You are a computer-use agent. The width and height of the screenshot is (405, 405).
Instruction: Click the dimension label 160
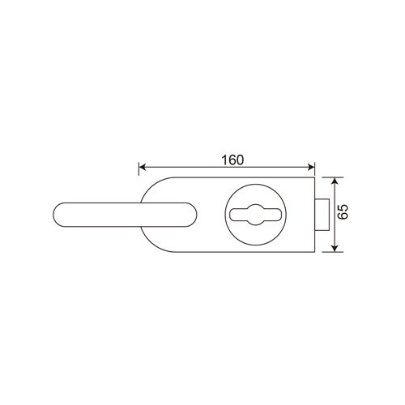coord(232,160)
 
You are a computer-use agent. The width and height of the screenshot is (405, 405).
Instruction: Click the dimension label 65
coord(343,212)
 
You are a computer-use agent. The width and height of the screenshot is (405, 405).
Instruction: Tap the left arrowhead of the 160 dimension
coord(142,167)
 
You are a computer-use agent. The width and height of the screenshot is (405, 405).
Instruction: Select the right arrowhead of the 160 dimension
coord(311,167)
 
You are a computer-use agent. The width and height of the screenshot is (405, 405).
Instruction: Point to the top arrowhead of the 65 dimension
coord(335,181)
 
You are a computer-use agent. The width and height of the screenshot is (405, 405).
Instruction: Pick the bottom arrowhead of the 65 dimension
coord(335,249)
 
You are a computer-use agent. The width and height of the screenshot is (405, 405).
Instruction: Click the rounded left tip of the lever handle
coord(55,215)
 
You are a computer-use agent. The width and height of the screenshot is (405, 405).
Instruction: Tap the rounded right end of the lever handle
coord(194,215)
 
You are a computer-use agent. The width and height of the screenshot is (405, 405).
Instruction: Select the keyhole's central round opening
coord(256,215)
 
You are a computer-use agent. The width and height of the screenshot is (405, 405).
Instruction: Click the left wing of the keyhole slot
coord(237,215)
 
